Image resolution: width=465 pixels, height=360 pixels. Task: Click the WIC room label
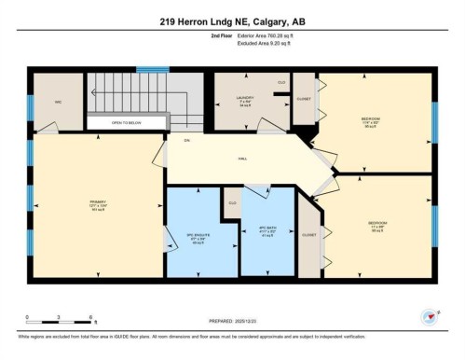click(58, 103)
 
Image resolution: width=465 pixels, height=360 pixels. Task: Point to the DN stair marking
click(186, 141)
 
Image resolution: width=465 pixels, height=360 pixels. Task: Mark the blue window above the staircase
click(147, 68)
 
